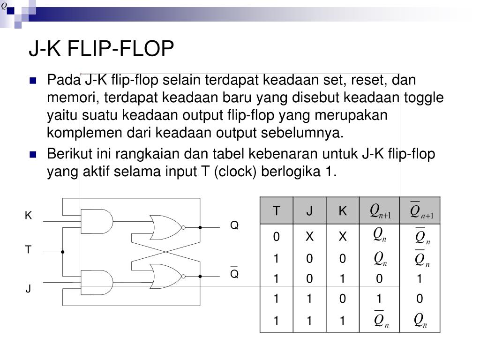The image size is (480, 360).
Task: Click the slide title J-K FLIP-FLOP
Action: click(101, 49)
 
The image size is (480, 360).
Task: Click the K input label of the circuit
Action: click(28, 216)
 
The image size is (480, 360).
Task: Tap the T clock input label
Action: click(28, 250)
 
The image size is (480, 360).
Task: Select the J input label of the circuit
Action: click(28, 289)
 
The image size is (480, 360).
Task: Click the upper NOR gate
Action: click(167, 227)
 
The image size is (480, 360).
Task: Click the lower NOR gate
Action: click(167, 277)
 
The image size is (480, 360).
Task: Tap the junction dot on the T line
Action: click(63, 252)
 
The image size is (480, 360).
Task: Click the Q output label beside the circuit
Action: click(234, 225)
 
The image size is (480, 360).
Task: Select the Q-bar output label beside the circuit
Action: click(234, 273)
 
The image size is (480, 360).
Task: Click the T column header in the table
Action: click(277, 211)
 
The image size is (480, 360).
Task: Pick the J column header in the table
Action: click(309, 211)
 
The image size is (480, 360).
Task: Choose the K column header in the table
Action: click(343, 211)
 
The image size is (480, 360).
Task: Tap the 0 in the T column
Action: click(277, 237)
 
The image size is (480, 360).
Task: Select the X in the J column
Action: click(309, 237)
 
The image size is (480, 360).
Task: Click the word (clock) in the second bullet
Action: click(235, 172)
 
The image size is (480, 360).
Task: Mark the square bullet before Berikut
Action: click(33, 155)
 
